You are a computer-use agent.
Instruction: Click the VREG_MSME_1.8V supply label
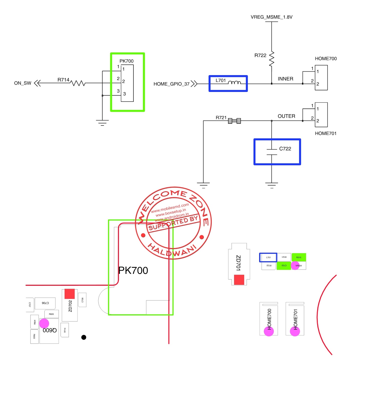point(271,17)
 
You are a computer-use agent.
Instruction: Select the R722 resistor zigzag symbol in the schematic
point(272,59)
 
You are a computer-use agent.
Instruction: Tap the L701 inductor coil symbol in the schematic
point(234,82)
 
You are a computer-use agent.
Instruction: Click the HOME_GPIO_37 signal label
point(171,84)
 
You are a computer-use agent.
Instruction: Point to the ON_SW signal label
point(23,83)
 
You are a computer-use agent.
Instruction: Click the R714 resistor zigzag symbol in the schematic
point(78,83)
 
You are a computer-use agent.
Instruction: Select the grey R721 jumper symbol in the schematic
point(234,121)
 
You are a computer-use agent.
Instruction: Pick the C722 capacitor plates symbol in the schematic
point(272,152)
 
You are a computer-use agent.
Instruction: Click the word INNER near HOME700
point(285,79)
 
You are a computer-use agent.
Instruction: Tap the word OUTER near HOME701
point(286,116)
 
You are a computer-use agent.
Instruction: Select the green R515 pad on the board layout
point(299,257)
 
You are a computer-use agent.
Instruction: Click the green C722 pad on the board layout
point(284,265)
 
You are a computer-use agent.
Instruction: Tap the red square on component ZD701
point(239,279)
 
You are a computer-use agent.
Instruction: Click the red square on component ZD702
point(70,294)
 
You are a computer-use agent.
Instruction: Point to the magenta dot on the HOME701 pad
point(295,331)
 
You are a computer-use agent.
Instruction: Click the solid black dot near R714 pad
point(84,337)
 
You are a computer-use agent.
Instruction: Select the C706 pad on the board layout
point(45,303)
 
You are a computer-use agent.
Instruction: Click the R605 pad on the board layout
point(51,314)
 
